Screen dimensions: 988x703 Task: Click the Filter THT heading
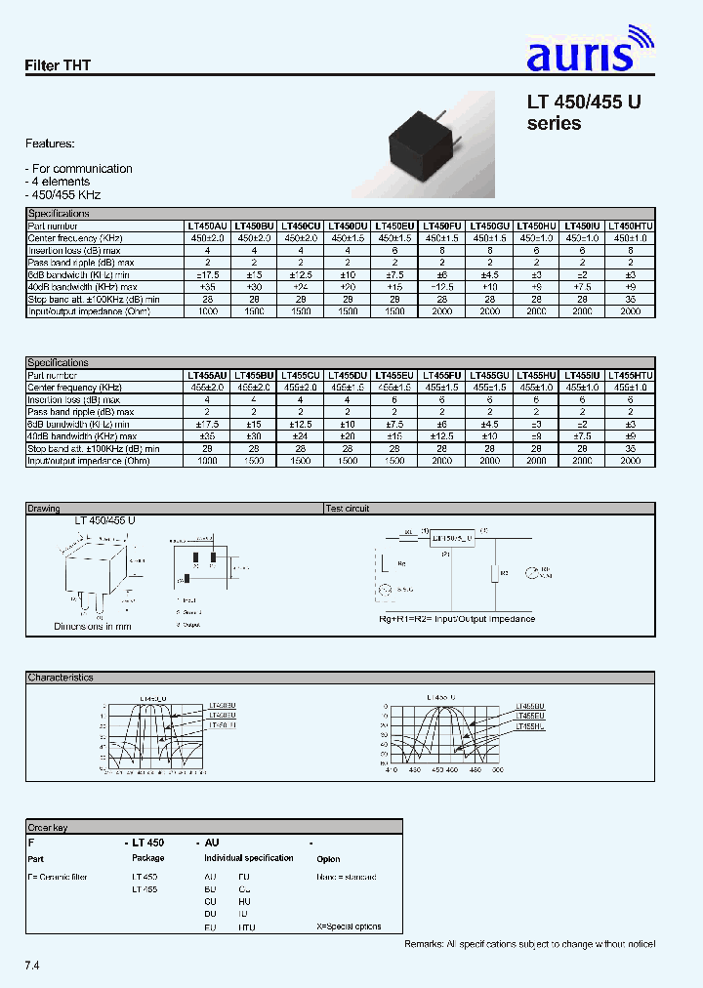coord(58,65)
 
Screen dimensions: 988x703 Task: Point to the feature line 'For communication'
coord(82,169)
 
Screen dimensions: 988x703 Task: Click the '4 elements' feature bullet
coord(61,182)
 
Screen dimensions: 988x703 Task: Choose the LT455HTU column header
coord(631,375)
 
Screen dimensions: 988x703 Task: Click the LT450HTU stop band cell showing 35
coord(631,299)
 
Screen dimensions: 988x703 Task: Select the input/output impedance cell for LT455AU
coord(207,460)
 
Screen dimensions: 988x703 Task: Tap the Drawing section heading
coord(44,509)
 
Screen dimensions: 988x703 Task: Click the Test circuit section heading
coord(349,509)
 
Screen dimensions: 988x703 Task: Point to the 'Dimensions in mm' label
coord(93,626)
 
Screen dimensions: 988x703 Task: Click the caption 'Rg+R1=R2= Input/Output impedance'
coord(456,619)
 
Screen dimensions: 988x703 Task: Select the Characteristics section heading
coord(61,677)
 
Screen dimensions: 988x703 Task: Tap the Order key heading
coord(48,827)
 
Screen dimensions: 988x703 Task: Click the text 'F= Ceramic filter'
coord(59,877)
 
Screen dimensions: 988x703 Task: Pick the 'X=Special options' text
coord(349,926)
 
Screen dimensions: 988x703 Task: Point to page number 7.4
coord(32,966)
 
